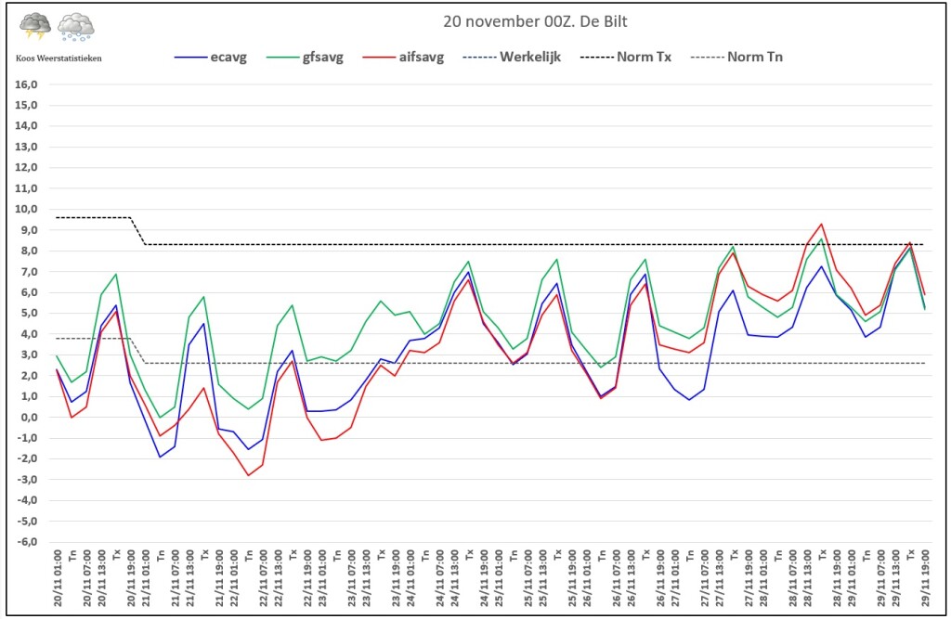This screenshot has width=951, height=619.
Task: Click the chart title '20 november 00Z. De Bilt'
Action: (x=535, y=22)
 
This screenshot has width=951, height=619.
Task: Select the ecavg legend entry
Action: (x=211, y=57)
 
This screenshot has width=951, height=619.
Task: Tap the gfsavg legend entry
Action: (x=305, y=57)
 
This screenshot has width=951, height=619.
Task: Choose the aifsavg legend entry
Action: (x=403, y=57)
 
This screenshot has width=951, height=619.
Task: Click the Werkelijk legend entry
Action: (x=512, y=57)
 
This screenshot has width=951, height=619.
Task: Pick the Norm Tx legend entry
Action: (x=626, y=57)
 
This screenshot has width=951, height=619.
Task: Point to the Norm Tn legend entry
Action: (x=736, y=57)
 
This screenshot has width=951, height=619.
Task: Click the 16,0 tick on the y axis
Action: (x=26, y=84)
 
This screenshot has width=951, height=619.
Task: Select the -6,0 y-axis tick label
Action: (x=26, y=542)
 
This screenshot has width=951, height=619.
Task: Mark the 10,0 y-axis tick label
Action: (x=26, y=209)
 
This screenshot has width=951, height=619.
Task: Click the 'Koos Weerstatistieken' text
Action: (x=59, y=58)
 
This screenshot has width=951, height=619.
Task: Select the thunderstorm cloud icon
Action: (x=35, y=27)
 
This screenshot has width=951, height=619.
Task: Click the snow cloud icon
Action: (x=76, y=27)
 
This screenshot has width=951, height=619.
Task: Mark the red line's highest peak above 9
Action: (x=821, y=225)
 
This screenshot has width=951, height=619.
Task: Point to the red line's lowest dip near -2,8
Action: (x=248, y=475)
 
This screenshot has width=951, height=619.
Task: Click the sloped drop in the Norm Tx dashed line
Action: (x=138, y=231)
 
